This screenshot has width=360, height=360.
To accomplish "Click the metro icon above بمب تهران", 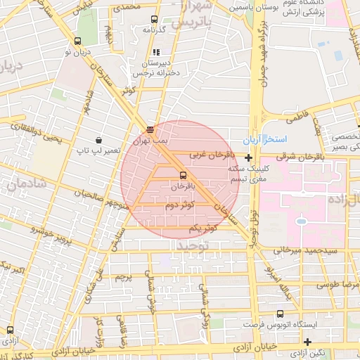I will coord(149,129).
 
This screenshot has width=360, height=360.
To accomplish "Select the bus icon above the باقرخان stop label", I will coord(184,174).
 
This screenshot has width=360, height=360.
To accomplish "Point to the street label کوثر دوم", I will coord(180,205).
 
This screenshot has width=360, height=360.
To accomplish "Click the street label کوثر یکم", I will coord(203,229).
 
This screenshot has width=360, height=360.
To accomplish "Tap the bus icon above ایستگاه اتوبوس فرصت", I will coord(281,314).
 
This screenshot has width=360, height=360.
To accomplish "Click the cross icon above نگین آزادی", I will coord(307,342).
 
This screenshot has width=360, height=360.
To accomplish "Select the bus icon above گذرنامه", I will coord(153,19).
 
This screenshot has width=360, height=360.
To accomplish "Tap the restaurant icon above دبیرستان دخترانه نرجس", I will coord(156,52).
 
